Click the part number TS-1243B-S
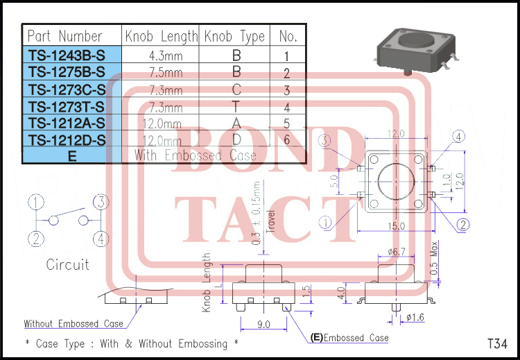click(x=67, y=54)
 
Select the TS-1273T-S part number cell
click(x=67, y=106)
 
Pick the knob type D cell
click(x=236, y=139)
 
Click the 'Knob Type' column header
click(x=235, y=36)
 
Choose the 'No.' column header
click(x=288, y=36)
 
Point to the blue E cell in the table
click(x=72, y=156)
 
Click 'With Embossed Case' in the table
click(x=196, y=155)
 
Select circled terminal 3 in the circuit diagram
click(x=101, y=203)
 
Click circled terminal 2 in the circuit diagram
click(x=37, y=239)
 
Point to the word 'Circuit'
click(x=68, y=264)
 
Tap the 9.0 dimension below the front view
click(x=264, y=323)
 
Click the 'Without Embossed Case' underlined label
click(x=73, y=324)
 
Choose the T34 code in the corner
click(x=497, y=343)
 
